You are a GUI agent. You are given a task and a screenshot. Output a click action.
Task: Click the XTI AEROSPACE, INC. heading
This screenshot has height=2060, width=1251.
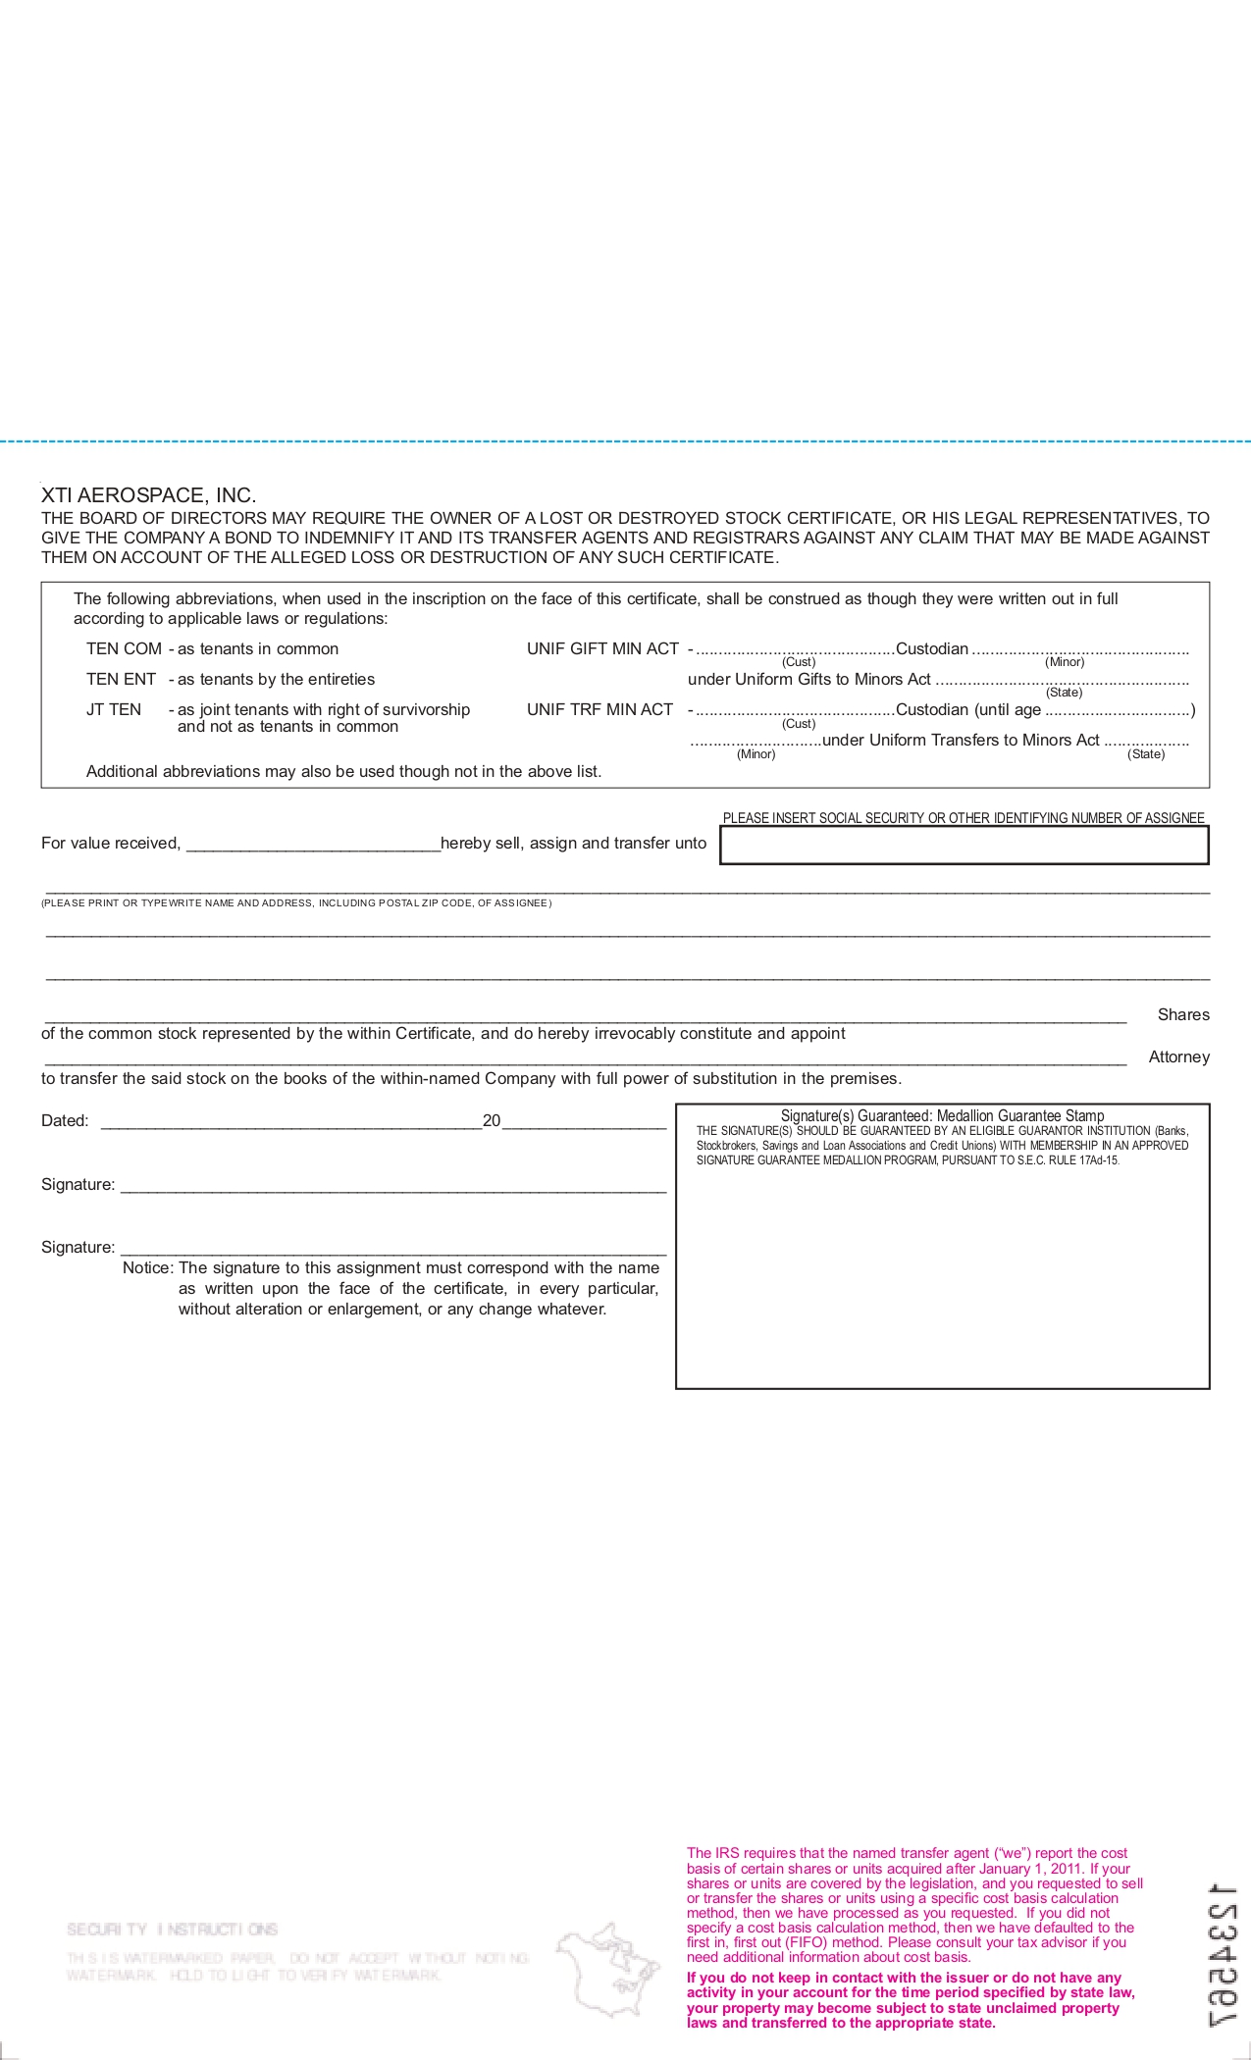[x=148, y=495]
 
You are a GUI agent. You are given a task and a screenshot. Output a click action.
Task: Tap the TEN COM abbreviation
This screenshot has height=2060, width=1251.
[x=124, y=648]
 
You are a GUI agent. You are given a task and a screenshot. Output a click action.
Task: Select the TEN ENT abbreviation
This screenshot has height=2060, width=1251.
[x=121, y=679]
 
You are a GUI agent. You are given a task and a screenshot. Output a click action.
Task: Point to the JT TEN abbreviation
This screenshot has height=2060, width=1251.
[x=114, y=709]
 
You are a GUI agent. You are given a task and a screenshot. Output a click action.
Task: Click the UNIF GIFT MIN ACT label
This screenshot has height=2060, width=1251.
[x=602, y=648]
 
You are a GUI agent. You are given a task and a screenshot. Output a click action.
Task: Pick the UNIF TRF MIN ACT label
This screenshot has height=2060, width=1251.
[x=599, y=709]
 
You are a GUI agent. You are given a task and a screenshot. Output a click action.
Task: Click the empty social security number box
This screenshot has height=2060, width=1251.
[x=964, y=845]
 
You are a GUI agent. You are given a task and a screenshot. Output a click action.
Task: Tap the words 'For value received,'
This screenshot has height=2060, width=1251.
[x=111, y=843]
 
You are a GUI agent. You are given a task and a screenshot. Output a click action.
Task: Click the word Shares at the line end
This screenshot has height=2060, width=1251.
[x=1182, y=1014]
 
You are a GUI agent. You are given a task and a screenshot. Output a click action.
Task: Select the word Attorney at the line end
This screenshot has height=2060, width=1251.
[x=1178, y=1056]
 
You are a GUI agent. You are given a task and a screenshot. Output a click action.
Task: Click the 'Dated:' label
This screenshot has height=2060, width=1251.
[x=65, y=1120]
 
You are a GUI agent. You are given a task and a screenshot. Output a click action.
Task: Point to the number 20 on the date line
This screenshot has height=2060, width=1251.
[x=492, y=1120]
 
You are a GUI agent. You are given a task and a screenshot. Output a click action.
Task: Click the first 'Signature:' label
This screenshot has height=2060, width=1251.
[x=78, y=1184]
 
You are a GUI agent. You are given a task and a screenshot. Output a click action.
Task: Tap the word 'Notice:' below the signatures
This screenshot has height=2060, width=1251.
[x=147, y=1267]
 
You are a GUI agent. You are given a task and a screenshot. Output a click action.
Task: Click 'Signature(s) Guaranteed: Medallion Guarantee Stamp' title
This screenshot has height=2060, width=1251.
[x=942, y=1115]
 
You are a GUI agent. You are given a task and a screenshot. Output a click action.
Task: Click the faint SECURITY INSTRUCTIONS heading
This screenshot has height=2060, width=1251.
[x=173, y=1930]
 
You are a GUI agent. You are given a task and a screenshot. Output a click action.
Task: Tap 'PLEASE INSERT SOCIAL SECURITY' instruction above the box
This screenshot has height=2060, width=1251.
[x=963, y=818]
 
